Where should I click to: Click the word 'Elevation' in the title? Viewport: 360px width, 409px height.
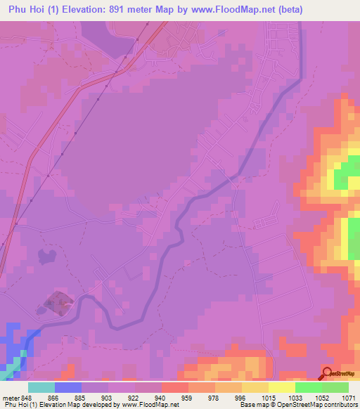click(x=98, y=10)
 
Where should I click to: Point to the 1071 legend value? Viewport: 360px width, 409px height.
click(x=340, y=397)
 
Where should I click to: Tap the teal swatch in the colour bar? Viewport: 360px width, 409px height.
click(x=41, y=387)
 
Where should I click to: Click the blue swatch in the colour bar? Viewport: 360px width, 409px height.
click(x=68, y=387)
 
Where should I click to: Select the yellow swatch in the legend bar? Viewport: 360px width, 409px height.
click(x=282, y=387)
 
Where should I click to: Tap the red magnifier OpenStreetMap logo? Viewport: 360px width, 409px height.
click(x=328, y=373)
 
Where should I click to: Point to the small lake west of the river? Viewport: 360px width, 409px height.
click(x=47, y=257)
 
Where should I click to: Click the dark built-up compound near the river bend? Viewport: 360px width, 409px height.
click(x=58, y=304)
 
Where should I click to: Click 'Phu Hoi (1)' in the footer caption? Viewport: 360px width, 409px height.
click(x=21, y=405)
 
